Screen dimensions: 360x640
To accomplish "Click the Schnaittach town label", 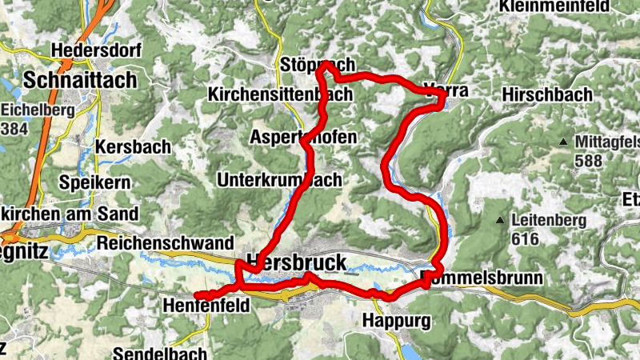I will click(81, 80).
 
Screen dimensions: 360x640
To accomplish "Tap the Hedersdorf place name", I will click(96, 50).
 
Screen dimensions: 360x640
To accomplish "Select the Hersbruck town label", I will click(297, 262).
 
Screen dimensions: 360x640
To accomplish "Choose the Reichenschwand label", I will click(165, 242).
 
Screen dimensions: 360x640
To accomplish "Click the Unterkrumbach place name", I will click(279, 179).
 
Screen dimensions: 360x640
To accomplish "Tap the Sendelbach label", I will click(160, 353).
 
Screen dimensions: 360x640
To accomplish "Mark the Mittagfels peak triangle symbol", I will click(563, 142).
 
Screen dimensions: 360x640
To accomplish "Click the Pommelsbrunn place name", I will click(481, 278).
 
